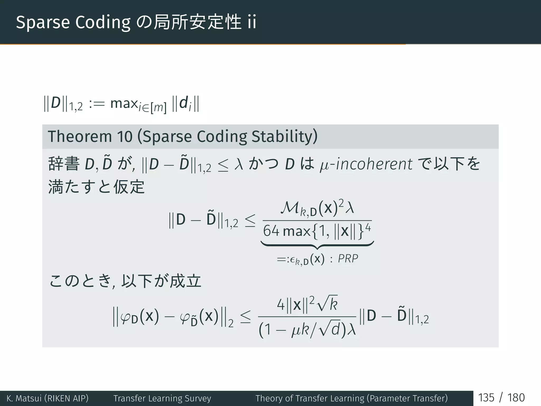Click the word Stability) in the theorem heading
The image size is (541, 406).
click(x=284, y=137)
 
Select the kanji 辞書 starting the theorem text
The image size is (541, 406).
click(x=64, y=164)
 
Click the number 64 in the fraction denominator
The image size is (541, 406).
click(x=271, y=231)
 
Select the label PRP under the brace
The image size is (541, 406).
click(x=348, y=259)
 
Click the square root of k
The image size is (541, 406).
click(x=327, y=304)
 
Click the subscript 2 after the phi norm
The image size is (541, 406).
click(x=231, y=324)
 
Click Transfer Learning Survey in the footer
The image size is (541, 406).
click(x=162, y=398)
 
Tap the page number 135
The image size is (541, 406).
click(x=486, y=398)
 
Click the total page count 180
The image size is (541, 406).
click(x=516, y=398)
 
